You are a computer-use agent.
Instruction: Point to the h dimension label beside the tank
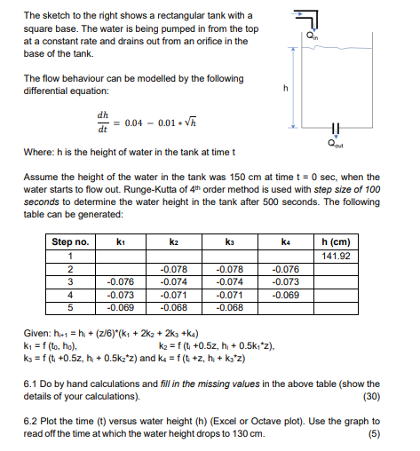click(285, 87)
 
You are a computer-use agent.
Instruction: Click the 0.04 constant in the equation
click(132, 123)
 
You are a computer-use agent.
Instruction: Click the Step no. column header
click(70, 242)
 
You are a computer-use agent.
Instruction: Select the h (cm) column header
click(340, 242)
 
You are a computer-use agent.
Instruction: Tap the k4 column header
click(284, 242)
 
